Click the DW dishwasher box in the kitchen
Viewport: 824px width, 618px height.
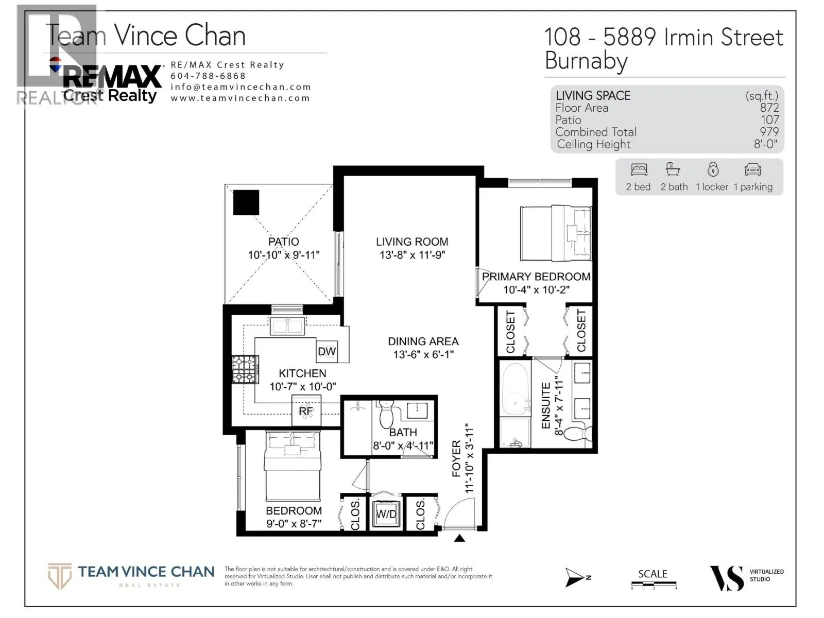pyautogui.click(x=327, y=351)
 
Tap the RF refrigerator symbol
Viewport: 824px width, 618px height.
pyautogui.click(x=306, y=410)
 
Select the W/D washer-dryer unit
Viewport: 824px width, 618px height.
pyautogui.click(x=386, y=513)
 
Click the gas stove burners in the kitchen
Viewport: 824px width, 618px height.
pyautogui.click(x=245, y=370)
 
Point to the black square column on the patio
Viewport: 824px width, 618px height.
pyautogui.click(x=246, y=202)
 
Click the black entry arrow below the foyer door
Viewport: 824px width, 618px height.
pyautogui.click(x=459, y=539)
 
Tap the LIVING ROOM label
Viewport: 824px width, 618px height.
pyautogui.click(x=412, y=242)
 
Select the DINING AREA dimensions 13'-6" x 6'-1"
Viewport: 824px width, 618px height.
pyautogui.click(x=423, y=354)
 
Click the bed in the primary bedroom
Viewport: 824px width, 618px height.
pyautogui.click(x=556, y=233)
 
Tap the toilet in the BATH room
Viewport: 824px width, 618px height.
pyautogui.click(x=386, y=414)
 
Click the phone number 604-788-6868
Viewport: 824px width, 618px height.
pyautogui.click(x=208, y=76)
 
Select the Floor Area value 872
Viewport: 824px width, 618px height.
pyautogui.click(x=769, y=108)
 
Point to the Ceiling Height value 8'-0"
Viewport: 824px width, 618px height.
pyautogui.click(x=765, y=144)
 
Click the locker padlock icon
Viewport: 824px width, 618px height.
pyautogui.click(x=713, y=169)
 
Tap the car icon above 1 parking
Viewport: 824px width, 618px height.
pyautogui.click(x=753, y=169)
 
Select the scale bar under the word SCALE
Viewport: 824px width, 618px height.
pyautogui.click(x=654, y=584)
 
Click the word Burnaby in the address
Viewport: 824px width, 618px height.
pyautogui.click(x=586, y=61)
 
